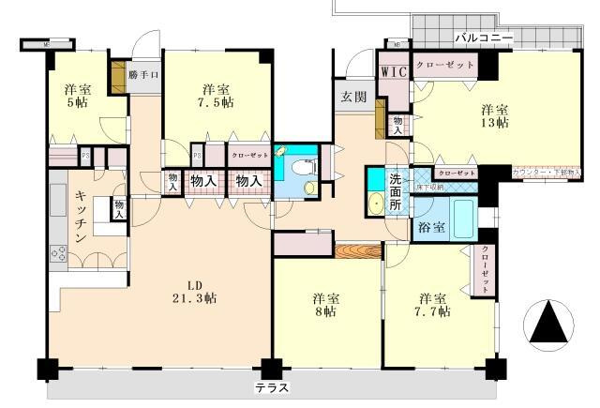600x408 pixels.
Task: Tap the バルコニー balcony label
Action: click(483, 38)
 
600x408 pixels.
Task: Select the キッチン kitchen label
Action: click(71, 216)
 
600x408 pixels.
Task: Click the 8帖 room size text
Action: click(324, 313)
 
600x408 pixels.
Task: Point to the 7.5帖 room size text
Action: click(217, 105)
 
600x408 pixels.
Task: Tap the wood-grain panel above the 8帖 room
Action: click(357, 250)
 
